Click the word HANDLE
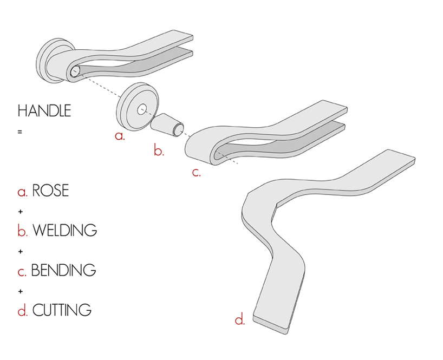click(x=44, y=112)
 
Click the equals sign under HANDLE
click(x=20, y=131)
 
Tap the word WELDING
click(x=64, y=230)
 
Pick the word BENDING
click(x=63, y=270)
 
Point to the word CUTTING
click(x=62, y=310)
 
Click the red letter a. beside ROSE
click(x=22, y=192)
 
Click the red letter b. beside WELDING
click(x=22, y=231)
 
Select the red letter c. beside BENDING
click(x=22, y=270)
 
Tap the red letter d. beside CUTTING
click(x=22, y=311)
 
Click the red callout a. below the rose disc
click(x=120, y=135)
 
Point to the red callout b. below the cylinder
click(x=159, y=151)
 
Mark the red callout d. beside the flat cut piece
click(x=239, y=319)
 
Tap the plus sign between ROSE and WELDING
click(x=21, y=211)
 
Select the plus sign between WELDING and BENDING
click(x=21, y=251)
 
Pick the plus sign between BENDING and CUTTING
click(x=21, y=291)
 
